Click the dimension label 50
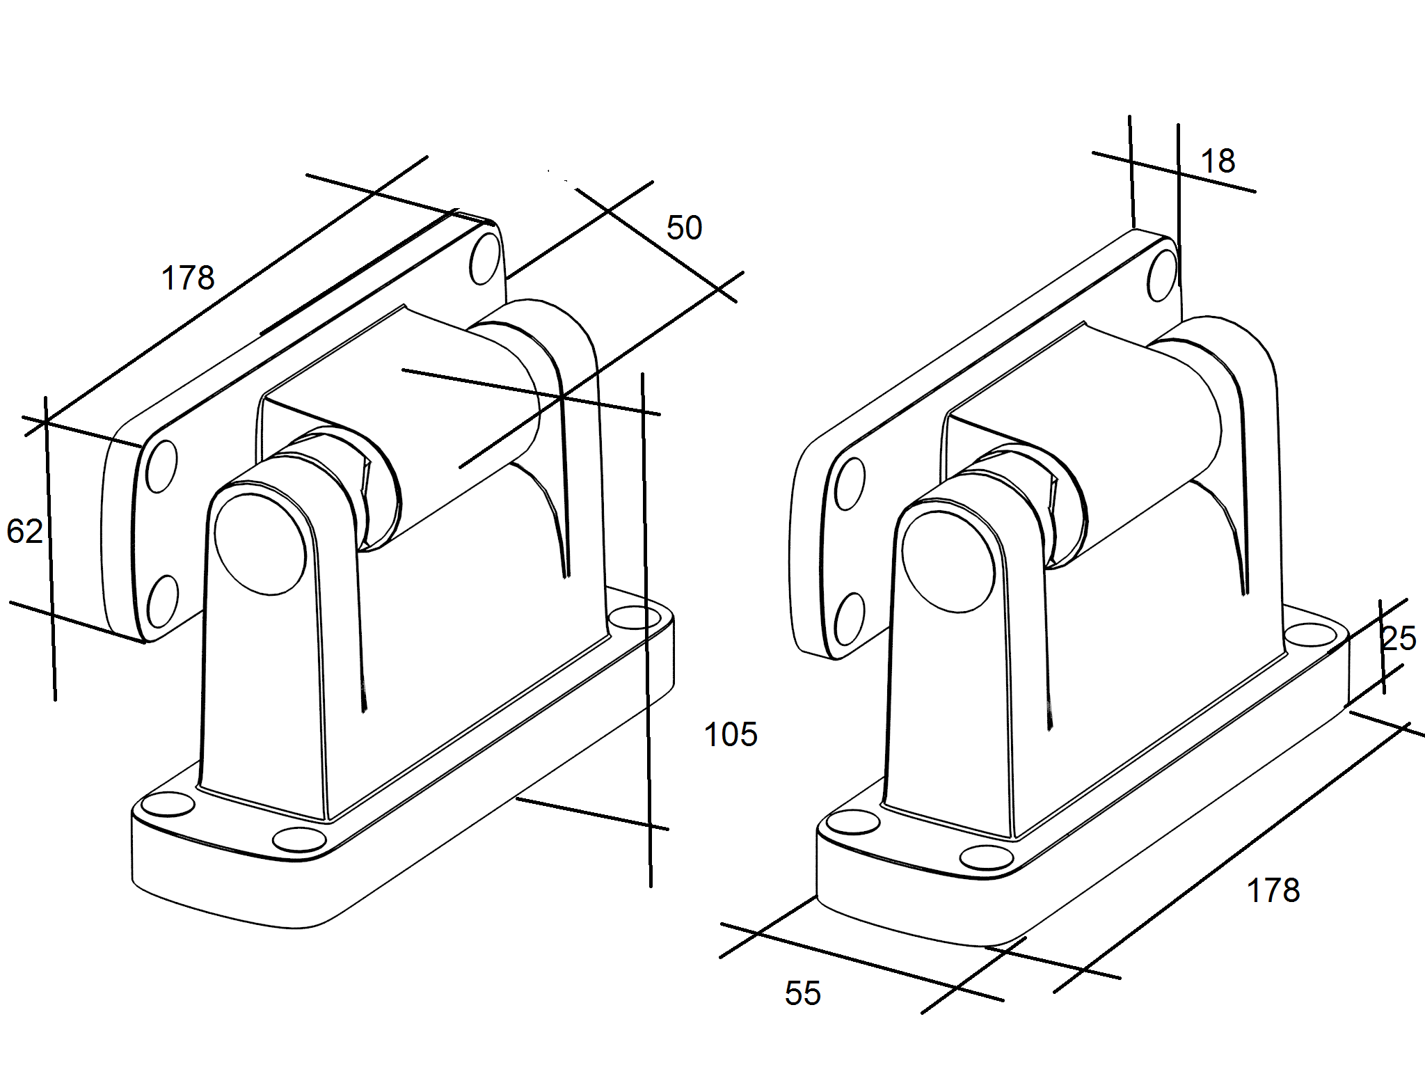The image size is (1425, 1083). point(684,228)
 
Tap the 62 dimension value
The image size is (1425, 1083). point(25,532)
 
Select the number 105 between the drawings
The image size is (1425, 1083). point(731,735)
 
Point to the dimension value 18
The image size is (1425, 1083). point(1218,161)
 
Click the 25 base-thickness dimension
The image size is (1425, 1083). point(1399,639)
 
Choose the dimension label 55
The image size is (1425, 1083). point(803,994)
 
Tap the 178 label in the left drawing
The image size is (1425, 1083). point(188,278)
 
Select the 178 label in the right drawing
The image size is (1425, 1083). point(1273,891)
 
